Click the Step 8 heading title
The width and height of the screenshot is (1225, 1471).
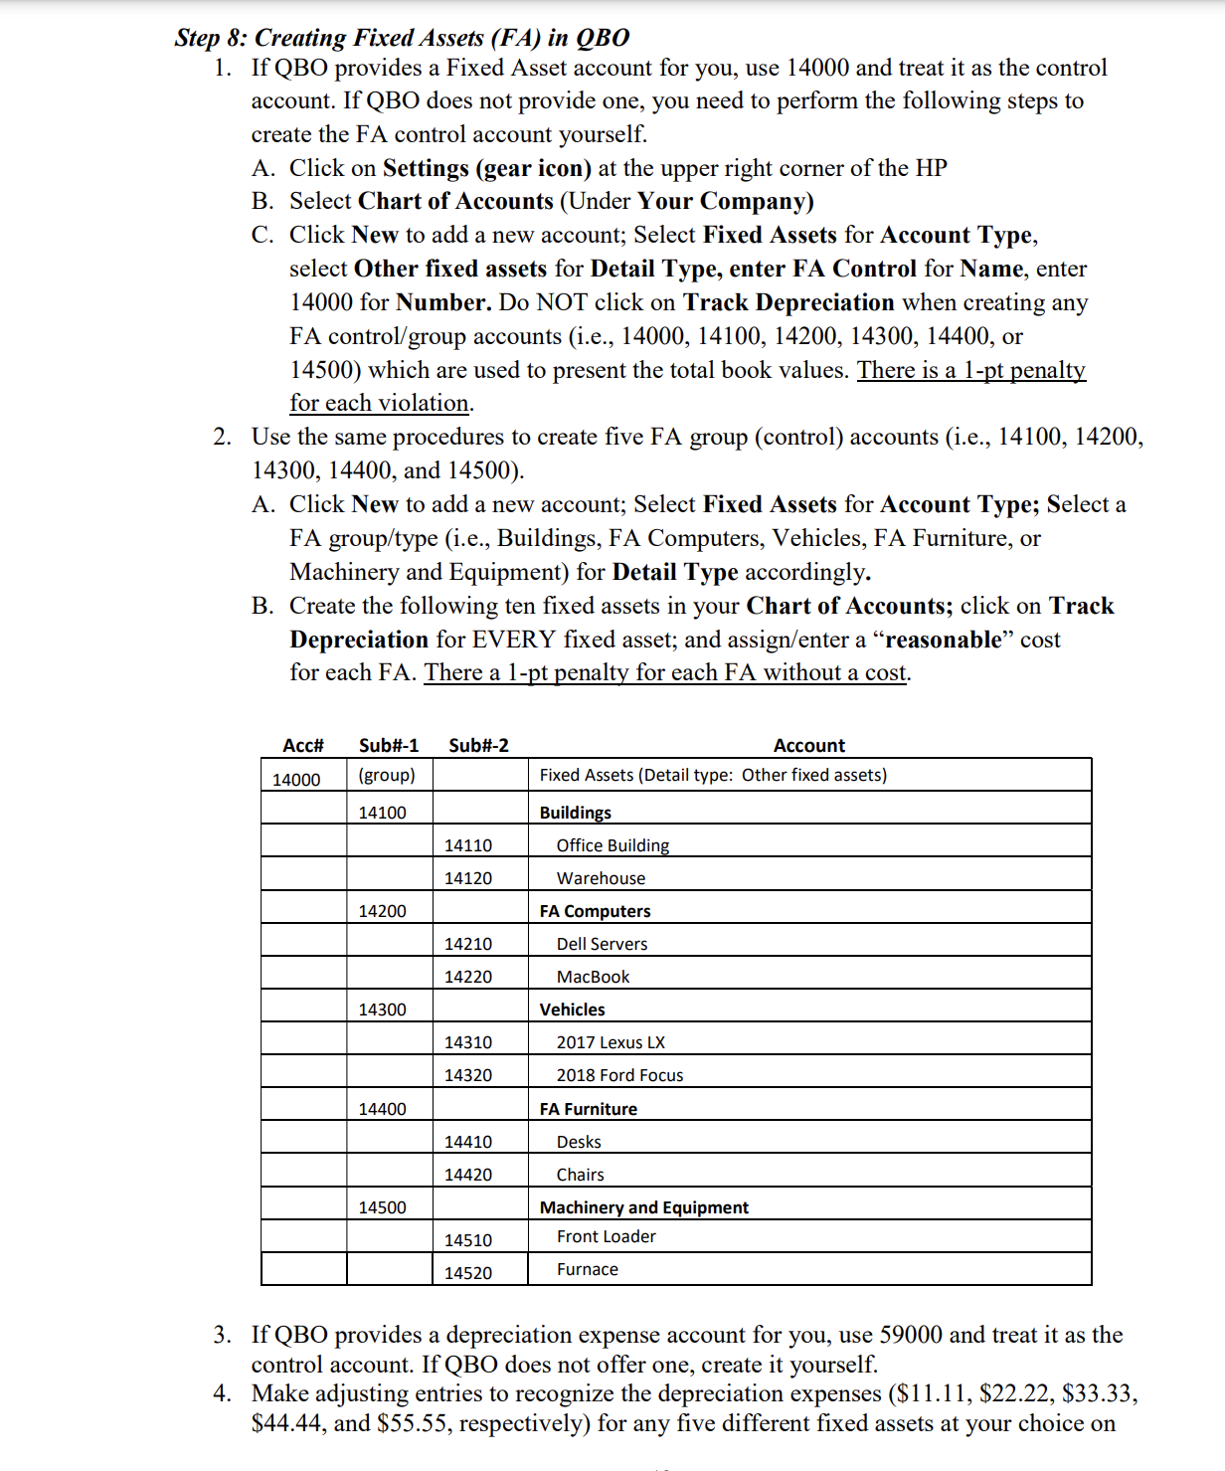(x=402, y=38)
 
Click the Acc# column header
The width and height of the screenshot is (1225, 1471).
(x=303, y=746)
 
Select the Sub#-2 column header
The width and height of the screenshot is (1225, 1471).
(x=478, y=746)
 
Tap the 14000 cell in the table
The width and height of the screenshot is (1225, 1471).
(x=296, y=780)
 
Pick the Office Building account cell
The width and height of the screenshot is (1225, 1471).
(x=612, y=845)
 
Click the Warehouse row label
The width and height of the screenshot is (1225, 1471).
(x=601, y=878)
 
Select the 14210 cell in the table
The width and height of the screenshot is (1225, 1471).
(x=467, y=944)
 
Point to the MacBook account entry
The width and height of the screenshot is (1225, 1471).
(x=593, y=977)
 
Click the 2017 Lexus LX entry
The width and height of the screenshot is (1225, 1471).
(x=611, y=1042)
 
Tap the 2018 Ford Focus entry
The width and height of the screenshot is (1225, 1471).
(x=619, y=1075)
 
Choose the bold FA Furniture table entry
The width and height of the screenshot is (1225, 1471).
(x=588, y=1109)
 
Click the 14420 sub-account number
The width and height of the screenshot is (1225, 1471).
(x=467, y=1175)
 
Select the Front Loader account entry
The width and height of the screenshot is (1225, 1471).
(x=606, y=1236)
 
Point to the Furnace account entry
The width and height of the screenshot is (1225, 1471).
(x=587, y=1269)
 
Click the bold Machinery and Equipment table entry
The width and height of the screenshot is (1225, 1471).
(x=643, y=1207)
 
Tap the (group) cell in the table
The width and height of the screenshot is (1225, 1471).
(x=387, y=775)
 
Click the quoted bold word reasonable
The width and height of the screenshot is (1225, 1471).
(x=943, y=640)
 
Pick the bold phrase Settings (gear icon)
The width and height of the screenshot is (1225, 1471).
(x=486, y=168)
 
